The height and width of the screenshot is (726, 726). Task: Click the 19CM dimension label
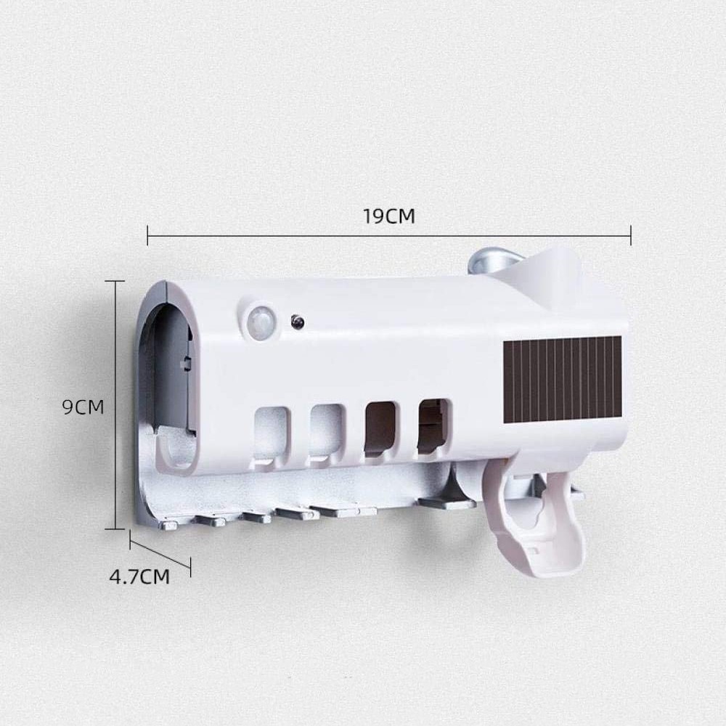388,216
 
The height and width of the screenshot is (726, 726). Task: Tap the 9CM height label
83,407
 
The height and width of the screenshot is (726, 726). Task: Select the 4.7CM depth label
139,577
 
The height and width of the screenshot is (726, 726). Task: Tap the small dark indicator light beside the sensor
295,321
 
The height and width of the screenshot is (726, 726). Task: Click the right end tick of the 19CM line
630,234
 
